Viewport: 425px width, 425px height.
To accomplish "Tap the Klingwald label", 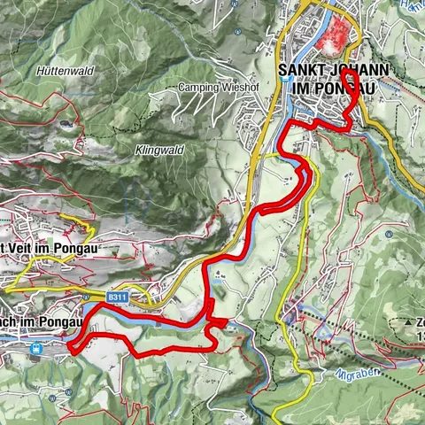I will [159, 151].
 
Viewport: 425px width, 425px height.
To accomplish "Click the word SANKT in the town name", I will [301, 70].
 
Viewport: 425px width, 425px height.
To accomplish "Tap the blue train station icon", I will [36, 349].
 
